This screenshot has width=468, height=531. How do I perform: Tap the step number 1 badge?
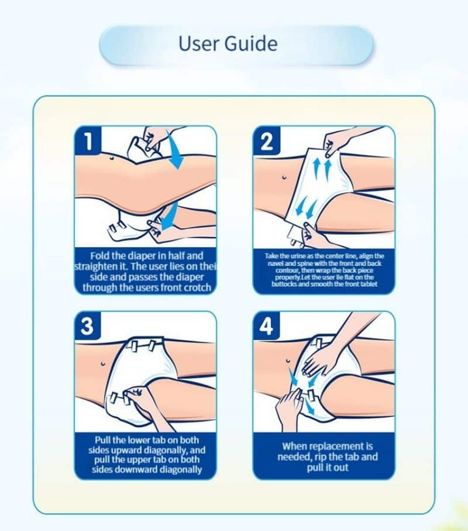tap(88, 140)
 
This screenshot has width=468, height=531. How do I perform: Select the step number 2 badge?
tap(267, 140)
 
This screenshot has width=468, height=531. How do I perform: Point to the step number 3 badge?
tap(87, 326)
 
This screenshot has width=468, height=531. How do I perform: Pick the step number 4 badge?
tap(266, 326)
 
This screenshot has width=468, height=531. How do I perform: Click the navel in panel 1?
tap(111, 158)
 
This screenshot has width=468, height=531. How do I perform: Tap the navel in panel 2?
tap(284, 177)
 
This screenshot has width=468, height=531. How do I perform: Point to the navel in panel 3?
tap(102, 364)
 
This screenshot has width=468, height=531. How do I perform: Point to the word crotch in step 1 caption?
tap(197, 287)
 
